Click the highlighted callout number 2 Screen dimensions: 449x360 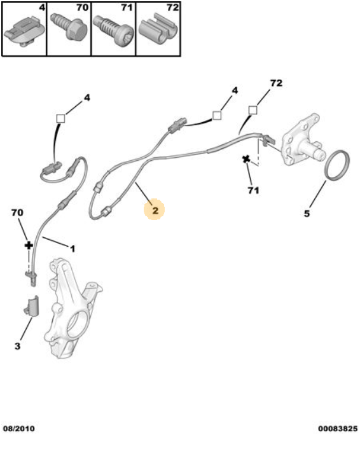(x=155, y=208)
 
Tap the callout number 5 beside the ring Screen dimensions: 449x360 (x=307, y=214)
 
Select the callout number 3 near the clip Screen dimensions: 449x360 (x=18, y=346)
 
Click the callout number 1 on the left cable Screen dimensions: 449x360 (x=73, y=247)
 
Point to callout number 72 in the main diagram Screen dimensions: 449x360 (x=276, y=83)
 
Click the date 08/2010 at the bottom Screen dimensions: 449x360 (x=19, y=428)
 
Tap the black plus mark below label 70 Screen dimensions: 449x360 (x=28, y=245)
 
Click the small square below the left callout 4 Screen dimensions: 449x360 (x=62, y=118)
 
